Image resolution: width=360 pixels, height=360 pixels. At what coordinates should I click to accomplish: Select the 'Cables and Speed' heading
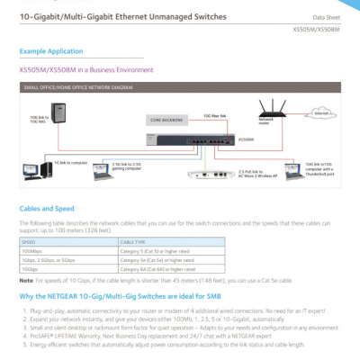point(46,208)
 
